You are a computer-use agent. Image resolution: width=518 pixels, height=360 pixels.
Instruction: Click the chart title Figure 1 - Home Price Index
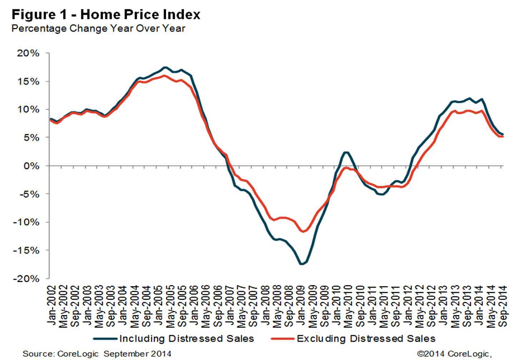[x=106, y=15]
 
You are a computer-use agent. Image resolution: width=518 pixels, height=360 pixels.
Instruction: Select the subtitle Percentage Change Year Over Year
[x=98, y=29]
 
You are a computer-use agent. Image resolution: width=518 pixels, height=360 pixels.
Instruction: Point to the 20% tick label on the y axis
[x=28, y=53]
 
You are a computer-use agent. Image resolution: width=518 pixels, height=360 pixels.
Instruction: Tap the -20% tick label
[x=26, y=279]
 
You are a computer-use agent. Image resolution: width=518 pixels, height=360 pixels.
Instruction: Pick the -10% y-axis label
[x=26, y=222]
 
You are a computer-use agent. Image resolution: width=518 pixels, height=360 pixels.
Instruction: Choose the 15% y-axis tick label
[x=28, y=81]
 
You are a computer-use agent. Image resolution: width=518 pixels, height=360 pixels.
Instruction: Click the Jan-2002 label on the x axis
[x=52, y=305]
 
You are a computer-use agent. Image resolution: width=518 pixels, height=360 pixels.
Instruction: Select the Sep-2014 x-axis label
[x=503, y=306]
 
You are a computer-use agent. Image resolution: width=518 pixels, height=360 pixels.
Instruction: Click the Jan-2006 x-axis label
[x=194, y=305]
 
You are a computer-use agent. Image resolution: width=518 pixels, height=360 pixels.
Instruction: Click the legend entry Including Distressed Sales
[x=186, y=339]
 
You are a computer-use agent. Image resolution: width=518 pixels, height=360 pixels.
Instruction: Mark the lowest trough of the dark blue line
[x=301, y=264]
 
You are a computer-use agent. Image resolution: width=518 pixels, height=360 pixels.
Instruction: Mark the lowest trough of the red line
[x=303, y=231]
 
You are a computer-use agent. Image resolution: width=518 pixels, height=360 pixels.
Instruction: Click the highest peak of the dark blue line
[x=164, y=67]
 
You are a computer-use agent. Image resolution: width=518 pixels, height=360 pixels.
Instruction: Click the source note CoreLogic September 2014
[x=97, y=354]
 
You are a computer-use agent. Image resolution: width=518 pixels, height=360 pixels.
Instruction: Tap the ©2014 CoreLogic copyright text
[x=454, y=354]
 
